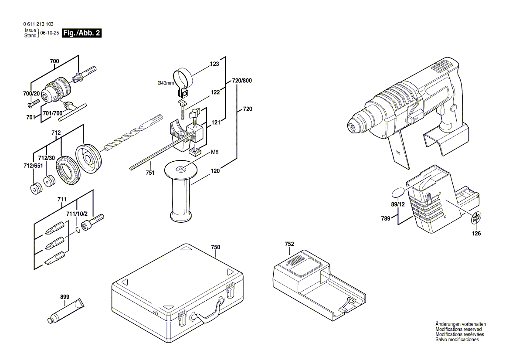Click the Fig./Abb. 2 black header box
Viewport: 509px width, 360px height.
click(x=82, y=33)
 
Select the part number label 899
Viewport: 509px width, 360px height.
click(x=64, y=297)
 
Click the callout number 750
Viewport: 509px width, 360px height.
click(x=215, y=247)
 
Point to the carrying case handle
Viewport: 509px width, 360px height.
click(x=208, y=313)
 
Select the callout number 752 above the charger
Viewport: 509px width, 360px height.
click(x=289, y=244)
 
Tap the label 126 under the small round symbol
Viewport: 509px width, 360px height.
click(x=477, y=234)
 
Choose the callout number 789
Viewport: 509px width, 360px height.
click(x=385, y=219)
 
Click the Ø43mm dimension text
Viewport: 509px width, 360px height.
click(x=166, y=83)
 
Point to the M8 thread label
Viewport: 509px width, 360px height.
click(x=214, y=152)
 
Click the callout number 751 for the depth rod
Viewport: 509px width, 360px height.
click(x=150, y=173)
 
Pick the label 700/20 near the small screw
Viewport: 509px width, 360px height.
click(x=31, y=94)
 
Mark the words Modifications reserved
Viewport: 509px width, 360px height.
click(x=458, y=329)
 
